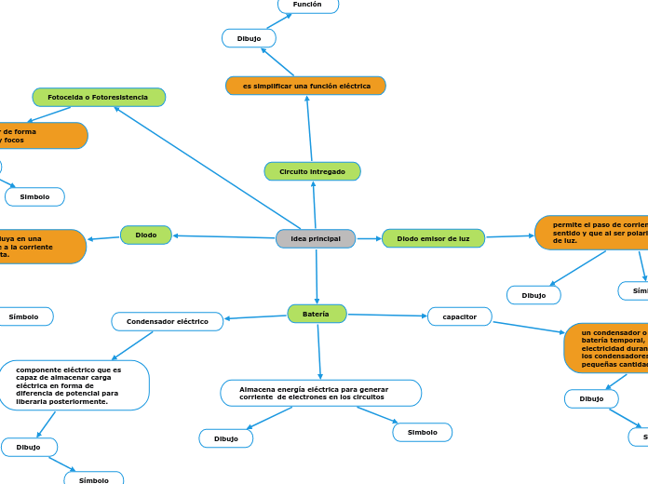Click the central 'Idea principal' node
(x=316, y=239)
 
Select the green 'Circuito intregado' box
(x=312, y=171)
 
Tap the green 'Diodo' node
(x=146, y=235)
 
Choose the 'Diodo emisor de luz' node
(x=433, y=239)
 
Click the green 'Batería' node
(x=317, y=314)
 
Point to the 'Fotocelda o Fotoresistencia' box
(x=99, y=97)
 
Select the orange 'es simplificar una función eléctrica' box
(x=305, y=86)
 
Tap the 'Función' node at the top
(x=307, y=5)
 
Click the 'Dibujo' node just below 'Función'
(x=249, y=38)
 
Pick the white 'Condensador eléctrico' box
(x=168, y=321)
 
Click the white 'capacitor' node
(x=459, y=316)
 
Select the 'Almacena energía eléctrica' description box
(x=320, y=393)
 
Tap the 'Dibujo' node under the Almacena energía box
(x=226, y=438)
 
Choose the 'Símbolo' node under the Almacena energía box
(x=422, y=432)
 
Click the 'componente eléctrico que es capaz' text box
(x=74, y=385)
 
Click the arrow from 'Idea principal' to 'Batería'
(x=317, y=276)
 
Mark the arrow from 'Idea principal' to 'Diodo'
(x=223, y=236)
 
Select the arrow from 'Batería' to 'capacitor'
(x=387, y=315)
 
